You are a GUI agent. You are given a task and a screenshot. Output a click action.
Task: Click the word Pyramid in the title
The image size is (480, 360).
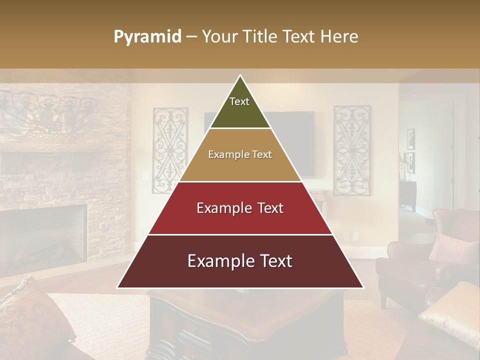pos(147,37)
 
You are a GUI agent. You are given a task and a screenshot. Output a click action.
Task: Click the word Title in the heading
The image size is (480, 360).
pos(262,37)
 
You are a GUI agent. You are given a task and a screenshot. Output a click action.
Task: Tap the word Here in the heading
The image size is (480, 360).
pos(340,37)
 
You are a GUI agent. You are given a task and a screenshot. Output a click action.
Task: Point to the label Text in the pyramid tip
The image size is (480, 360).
pos(239,101)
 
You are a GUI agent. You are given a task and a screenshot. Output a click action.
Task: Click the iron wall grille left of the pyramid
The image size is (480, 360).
pos(169,150)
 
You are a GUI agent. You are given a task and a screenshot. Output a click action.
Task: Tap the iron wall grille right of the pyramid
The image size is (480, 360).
pos(352,150)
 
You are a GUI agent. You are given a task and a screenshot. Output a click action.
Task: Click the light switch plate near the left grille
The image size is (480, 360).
pos(145,176)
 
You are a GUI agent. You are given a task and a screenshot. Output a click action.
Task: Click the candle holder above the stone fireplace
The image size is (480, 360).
pos(47,112)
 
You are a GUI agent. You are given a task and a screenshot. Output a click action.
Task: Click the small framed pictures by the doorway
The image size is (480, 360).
pos(410,150)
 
